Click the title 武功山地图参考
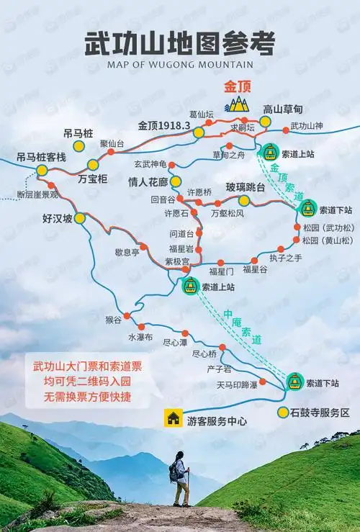point(180,43)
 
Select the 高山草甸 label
point(283,109)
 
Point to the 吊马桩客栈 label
point(42,157)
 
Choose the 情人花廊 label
point(147,181)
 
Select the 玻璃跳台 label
point(246,187)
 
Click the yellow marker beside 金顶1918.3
point(199,132)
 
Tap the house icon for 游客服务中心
point(173,417)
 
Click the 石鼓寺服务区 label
point(320,412)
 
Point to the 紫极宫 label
point(177,261)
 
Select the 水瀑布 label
point(140,336)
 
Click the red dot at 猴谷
point(127,315)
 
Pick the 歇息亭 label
point(127,252)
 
